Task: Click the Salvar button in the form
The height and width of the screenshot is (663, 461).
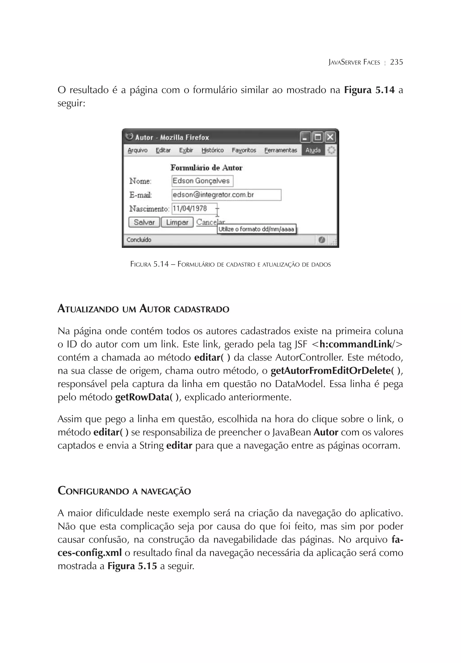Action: (144, 222)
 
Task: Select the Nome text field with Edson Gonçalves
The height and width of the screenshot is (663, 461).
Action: (202, 181)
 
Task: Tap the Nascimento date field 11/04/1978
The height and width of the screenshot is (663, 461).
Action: (194, 209)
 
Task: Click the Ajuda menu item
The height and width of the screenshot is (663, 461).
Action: (313, 150)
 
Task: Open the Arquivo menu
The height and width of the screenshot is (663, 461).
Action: (137, 150)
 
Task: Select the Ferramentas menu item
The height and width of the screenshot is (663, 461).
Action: (280, 150)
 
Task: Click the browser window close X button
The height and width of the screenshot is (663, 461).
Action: (330, 137)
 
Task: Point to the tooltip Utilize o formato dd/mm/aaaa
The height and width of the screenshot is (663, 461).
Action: (256, 229)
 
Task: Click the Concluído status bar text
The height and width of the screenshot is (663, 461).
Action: (139, 240)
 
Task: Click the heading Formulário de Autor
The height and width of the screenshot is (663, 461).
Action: (206, 168)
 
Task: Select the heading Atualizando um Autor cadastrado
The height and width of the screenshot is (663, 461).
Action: (143, 309)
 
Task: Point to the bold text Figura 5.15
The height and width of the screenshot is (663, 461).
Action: (132, 566)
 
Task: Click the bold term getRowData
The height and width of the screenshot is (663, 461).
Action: (142, 397)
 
